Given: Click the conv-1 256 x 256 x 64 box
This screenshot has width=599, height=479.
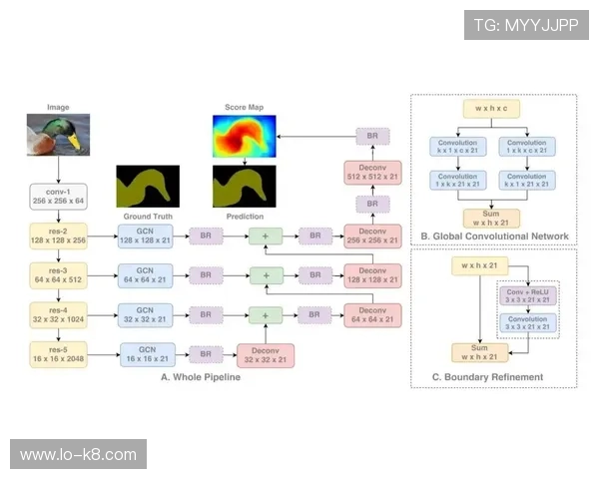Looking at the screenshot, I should pos(57,196).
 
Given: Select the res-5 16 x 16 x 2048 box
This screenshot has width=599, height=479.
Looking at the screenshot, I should pos(57,353).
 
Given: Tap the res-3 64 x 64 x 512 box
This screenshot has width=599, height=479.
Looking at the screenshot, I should pos(57,275).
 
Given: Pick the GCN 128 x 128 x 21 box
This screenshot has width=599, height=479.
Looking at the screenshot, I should pos(145,237).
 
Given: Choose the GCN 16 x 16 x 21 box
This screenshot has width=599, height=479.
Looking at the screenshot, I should pos(148,353).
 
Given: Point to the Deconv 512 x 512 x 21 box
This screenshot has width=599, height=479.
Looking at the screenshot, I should pos(371,172).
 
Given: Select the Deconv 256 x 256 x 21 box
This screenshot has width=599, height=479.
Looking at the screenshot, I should pos(371,236).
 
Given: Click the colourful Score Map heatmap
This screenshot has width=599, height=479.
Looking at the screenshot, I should pos(244,139).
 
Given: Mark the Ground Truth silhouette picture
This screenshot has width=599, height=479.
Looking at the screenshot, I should pos(148,187).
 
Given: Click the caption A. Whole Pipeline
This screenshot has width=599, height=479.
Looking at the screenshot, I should pos(201,377).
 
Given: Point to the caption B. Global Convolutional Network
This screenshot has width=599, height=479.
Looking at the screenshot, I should pos(494,237).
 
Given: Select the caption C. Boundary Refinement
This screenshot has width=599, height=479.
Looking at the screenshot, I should pos(487,377).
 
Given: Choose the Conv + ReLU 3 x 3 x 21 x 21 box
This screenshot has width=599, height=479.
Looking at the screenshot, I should pos(526,294).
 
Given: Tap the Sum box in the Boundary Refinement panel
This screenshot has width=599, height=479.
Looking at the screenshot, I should pos(479,352).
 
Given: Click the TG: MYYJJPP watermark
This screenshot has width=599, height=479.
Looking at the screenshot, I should pos(526,25).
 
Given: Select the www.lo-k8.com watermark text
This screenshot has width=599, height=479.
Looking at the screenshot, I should pos(79,455).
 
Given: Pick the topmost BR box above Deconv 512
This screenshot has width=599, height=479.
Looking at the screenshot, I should pos(371,137).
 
